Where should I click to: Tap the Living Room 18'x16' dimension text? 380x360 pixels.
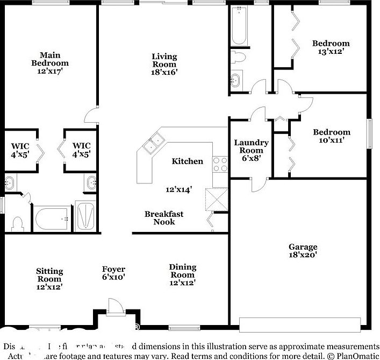(164, 72)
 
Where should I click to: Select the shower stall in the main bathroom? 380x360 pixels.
(85, 216)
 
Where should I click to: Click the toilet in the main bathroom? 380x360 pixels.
(17, 223)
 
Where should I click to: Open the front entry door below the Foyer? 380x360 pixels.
(114, 307)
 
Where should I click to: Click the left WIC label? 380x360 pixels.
(20, 146)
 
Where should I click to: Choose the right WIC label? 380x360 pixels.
(81, 146)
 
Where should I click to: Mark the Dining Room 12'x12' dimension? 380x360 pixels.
(182, 283)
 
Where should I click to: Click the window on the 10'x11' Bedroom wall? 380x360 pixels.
(369, 132)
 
